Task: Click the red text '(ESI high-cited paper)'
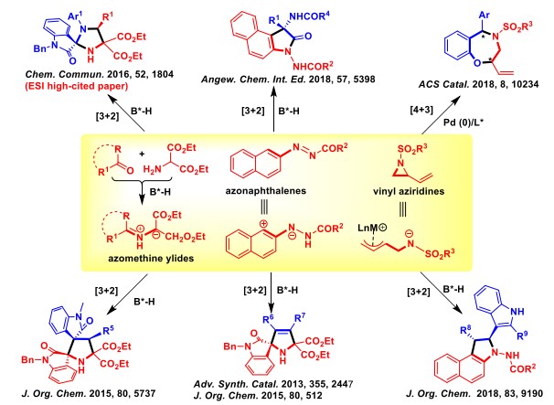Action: [76, 86]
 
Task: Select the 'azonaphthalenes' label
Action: [266, 191]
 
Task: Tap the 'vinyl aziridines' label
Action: [409, 192]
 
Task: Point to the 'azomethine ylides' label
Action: [151, 259]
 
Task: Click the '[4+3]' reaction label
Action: [421, 110]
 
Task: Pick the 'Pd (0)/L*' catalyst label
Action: [463, 123]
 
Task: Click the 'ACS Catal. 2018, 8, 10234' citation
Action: [479, 84]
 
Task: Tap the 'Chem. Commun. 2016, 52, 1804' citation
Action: [100, 74]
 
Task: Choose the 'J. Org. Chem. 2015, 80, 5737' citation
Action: [89, 393]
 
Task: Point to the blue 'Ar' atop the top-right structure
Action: [484, 15]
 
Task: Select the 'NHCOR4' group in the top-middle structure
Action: [309, 16]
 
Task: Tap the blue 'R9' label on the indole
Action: [522, 335]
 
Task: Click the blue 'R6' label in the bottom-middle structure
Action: [269, 319]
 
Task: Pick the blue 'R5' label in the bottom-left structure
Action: [108, 330]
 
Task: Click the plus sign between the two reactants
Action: [142, 154]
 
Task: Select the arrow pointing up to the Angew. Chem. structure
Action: [274, 110]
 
